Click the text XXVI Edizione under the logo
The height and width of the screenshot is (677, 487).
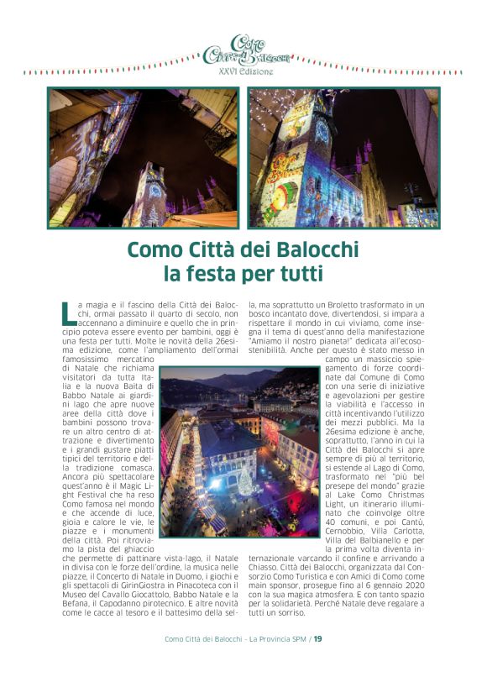(x=245, y=72)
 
